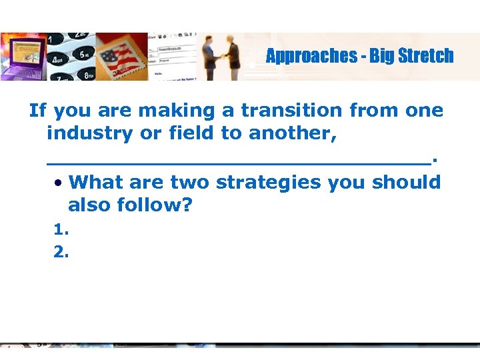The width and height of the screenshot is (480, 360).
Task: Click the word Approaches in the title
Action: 311,56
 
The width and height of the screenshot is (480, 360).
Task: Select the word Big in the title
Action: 381,56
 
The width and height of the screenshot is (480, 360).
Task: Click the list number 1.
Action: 61,229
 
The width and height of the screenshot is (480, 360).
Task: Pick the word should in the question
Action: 407,182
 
